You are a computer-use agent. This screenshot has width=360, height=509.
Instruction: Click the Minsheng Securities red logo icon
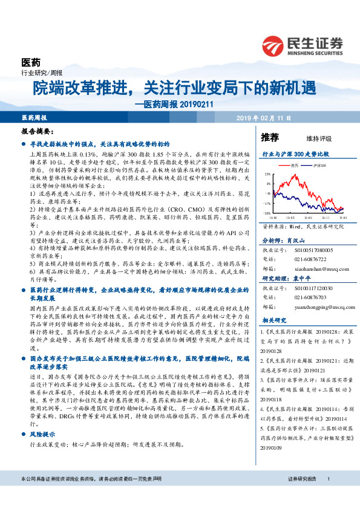pyautogui.click(x=274, y=45)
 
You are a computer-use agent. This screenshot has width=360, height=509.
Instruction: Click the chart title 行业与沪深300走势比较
pyautogui.click(x=295, y=155)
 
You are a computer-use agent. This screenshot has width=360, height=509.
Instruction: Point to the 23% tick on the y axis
pyautogui.click(x=267, y=174)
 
